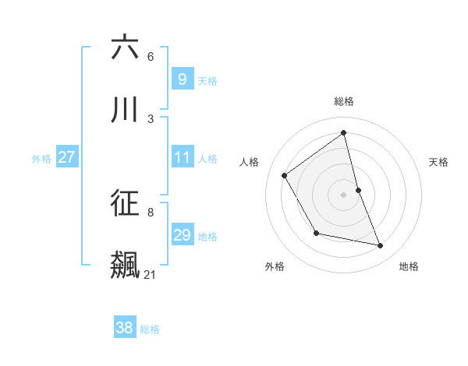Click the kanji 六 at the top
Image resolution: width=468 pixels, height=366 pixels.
(x=125, y=48)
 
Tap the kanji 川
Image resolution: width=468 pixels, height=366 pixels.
(x=125, y=110)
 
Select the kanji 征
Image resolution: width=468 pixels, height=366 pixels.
(x=125, y=203)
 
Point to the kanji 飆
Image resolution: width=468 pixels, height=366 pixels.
(x=125, y=265)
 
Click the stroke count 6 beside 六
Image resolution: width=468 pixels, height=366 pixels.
(x=151, y=56)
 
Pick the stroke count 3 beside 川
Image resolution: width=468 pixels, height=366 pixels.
(x=151, y=118)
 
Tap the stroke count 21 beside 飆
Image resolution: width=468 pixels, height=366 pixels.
(x=151, y=274)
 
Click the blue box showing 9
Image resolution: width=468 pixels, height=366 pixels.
(x=182, y=79)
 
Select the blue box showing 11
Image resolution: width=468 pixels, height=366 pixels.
(x=182, y=157)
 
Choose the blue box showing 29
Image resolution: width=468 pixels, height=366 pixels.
(x=182, y=235)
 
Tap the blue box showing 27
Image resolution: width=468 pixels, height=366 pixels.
(x=66, y=157)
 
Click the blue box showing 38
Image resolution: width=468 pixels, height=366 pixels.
(x=124, y=328)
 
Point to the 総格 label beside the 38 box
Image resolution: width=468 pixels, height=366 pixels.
(x=150, y=329)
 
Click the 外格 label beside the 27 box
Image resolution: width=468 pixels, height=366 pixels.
(x=41, y=159)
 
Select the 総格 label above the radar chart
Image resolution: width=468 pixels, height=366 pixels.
(x=344, y=101)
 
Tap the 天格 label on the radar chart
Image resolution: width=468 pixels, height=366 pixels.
(x=438, y=162)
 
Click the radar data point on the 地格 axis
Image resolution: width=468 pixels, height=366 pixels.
(x=381, y=246)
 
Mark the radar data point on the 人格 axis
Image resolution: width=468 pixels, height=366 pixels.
(x=285, y=175)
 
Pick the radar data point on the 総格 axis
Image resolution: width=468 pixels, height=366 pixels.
(x=344, y=132)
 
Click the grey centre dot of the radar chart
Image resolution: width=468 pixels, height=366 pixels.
(x=344, y=195)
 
